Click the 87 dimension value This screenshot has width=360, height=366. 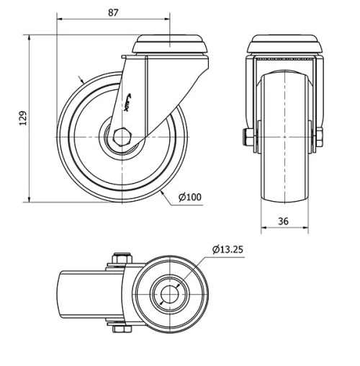tap(112, 12)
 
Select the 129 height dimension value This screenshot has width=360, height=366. tap(22, 118)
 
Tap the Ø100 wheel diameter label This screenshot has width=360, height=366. tap(189, 197)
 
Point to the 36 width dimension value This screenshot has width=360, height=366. tap(283, 222)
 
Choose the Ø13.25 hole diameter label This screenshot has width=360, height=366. tap(228, 250)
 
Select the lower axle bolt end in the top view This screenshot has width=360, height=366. tap(120, 331)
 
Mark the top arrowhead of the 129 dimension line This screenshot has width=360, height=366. tap(30, 36)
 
